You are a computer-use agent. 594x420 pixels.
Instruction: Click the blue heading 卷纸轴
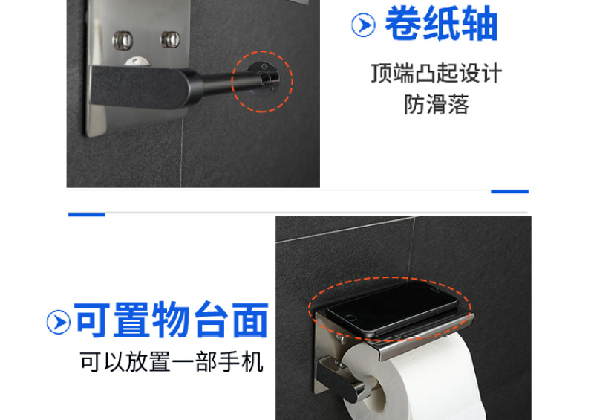pyautogui.click(x=441, y=24)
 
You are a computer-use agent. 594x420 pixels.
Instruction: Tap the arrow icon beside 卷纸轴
pyautogui.click(x=363, y=25)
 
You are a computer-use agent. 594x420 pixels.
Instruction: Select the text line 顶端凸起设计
pyautogui.click(x=437, y=74)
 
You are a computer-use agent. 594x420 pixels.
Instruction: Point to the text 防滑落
pyautogui.click(x=437, y=104)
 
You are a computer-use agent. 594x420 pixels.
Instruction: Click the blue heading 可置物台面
pyautogui.click(x=172, y=320)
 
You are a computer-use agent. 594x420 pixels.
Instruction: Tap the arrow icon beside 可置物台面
pyautogui.click(x=59, y=322)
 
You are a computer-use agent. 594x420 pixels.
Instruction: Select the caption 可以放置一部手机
pyautogui.click(x=172, y=361)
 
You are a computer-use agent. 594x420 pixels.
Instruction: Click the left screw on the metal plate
pyautogui.click(x=123, y=40)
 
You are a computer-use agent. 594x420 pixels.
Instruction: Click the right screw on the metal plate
pyautogui.click(x=170, y=39)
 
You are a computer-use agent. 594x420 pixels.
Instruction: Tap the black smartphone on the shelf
pyautogui.click(x=392, y=308)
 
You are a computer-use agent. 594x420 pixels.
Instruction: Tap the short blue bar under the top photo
pyautogui.click(x=509, y=191)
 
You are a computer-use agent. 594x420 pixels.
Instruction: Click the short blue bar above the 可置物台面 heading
pyautogui.click(x=87, y=215)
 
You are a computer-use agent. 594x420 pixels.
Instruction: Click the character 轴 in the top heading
pyautogui.click(x=479, y=24)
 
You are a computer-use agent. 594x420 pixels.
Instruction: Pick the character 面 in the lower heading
pyautogui.click(x=250, y=320)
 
